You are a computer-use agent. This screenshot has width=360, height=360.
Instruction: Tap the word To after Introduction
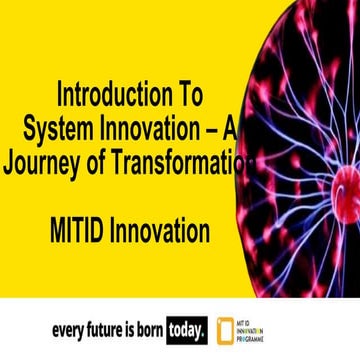coord(187,97)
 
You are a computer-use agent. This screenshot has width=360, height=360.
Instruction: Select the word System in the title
coord(58,130)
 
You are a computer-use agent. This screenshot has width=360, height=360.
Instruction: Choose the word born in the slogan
coord(172,327)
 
